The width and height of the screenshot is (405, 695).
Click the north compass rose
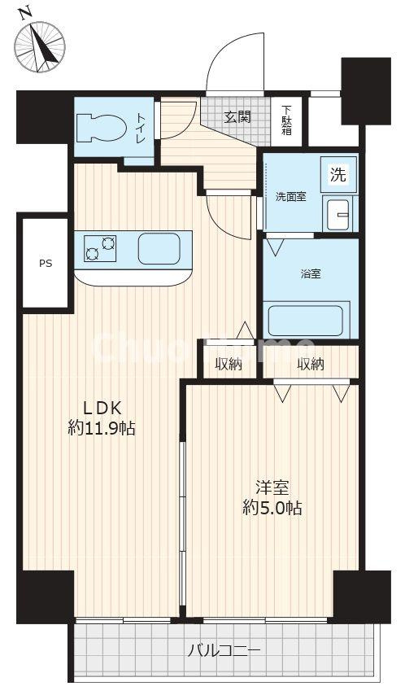40,46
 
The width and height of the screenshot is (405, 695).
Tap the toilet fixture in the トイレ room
102,128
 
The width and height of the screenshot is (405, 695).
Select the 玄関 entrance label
237,117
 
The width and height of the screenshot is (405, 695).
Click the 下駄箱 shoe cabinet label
287,120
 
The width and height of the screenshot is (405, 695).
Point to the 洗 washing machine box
338,175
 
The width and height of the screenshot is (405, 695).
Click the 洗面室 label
290,197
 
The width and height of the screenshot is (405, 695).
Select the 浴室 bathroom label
311,274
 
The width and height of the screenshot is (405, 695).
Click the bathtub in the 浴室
306,321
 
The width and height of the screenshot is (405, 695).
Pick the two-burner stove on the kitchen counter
101,248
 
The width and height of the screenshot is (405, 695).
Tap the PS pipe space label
46,264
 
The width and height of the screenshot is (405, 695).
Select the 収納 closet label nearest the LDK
229,365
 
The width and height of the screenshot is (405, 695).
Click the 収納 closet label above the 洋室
311,365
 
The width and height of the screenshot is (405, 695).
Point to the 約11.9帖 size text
102,428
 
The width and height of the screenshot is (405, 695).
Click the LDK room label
102,407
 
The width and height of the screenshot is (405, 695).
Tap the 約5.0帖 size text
272,508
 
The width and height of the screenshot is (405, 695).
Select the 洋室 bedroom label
272,487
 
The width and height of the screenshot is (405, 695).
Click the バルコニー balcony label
224,651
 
